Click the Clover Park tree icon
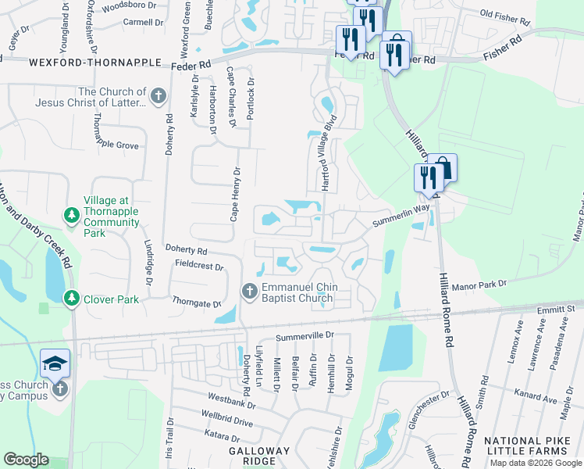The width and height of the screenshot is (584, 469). [x=71, y=299]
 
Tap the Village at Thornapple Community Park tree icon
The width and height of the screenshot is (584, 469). [x=71, y=214]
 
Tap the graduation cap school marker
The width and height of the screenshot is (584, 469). [x=55, y=362]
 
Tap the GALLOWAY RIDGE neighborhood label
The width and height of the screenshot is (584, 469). [x=259, y=451]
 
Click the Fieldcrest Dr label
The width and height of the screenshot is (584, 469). [x=199, y=267]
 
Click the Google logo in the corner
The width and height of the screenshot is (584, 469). [x=26, y=460]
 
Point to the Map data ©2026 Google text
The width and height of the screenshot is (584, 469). [x=536, y=463]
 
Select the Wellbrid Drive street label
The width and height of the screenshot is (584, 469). [x=226, y=422]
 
